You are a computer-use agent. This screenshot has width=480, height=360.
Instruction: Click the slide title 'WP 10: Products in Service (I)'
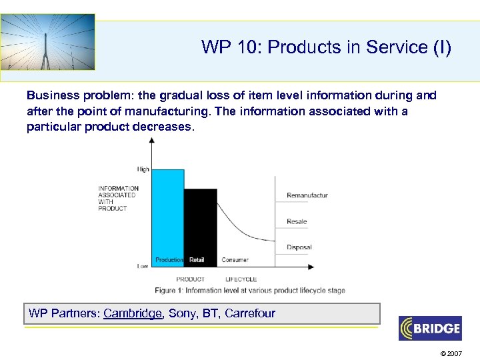(x=326, y=47)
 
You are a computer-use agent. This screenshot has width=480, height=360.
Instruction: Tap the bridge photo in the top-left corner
(x=47, y=42)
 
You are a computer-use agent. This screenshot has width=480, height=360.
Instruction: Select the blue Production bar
(x=169, y=213)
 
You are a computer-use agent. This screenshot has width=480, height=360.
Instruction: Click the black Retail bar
(x=200, y=223)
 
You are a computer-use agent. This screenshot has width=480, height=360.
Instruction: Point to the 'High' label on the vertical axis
(x=143, y=169)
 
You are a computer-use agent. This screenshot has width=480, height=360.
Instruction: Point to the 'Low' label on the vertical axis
(x=143, y=266)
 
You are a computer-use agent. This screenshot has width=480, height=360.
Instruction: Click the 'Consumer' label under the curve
(x=235, y=260)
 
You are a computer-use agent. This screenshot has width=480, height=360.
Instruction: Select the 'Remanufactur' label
(x=307, y=195)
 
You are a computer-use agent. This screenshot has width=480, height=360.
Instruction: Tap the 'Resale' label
(x=297, y=221)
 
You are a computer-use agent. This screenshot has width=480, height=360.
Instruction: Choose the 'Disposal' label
(x=299, y=247)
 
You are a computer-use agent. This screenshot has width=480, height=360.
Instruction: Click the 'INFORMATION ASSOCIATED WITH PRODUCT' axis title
(x=118, y=199)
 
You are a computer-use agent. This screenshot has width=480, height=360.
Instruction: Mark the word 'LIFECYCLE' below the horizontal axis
(x=241, y=279)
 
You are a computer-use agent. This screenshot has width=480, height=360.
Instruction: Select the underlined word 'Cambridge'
(x=133, y=313)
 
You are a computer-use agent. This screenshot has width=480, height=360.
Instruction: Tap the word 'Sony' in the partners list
(x=183, y=313)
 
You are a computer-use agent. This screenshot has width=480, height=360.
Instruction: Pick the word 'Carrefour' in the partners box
(x=250, y=313)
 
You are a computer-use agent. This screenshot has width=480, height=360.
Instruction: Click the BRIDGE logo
(x=429, y=328)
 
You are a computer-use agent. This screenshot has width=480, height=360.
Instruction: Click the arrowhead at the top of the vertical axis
(x=153, y=141)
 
